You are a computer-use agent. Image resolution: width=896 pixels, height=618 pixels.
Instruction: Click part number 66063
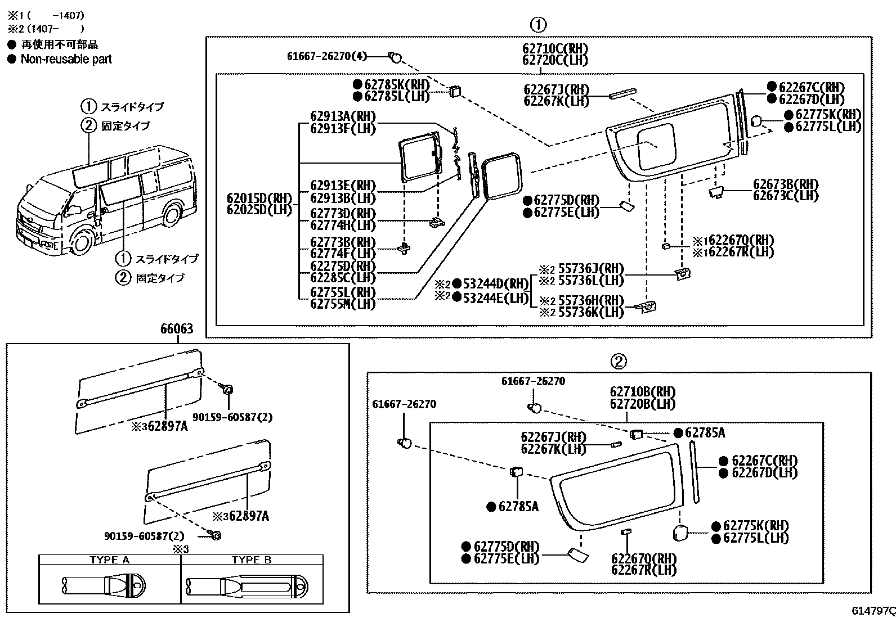(177, 329)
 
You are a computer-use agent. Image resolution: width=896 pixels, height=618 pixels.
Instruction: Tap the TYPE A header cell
(110, 560)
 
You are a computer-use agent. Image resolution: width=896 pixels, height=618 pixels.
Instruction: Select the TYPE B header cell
(252, 560)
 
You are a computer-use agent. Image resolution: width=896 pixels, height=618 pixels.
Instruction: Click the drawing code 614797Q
(873, 611)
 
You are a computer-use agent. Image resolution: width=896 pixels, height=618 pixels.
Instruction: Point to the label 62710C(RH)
(555, 49)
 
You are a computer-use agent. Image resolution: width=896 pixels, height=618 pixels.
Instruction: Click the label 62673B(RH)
(786, 184)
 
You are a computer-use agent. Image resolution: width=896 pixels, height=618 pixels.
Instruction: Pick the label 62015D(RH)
(259, 199)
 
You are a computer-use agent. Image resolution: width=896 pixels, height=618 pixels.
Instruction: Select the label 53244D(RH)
(496, 284)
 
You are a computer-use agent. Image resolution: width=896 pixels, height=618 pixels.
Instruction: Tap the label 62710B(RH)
(642, 392)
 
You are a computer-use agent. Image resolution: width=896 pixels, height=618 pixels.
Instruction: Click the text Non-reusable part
(66, 59)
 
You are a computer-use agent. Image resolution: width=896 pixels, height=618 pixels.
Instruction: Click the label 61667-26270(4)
(327, 56)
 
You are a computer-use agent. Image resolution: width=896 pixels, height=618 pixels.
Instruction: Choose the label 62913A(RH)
(343, 116)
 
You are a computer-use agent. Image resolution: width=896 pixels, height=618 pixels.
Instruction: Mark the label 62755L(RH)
(343, 292)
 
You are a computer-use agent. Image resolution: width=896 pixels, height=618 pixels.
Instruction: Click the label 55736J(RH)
(591, 269)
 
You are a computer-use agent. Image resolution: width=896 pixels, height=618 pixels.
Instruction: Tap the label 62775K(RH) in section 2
(756, 526)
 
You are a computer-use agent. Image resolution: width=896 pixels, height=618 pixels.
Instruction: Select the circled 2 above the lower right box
(619, 362)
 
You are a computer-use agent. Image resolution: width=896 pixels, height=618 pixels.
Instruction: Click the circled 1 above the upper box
(538, 25)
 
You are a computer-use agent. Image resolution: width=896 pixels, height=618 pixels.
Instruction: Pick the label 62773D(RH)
(343, 214)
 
